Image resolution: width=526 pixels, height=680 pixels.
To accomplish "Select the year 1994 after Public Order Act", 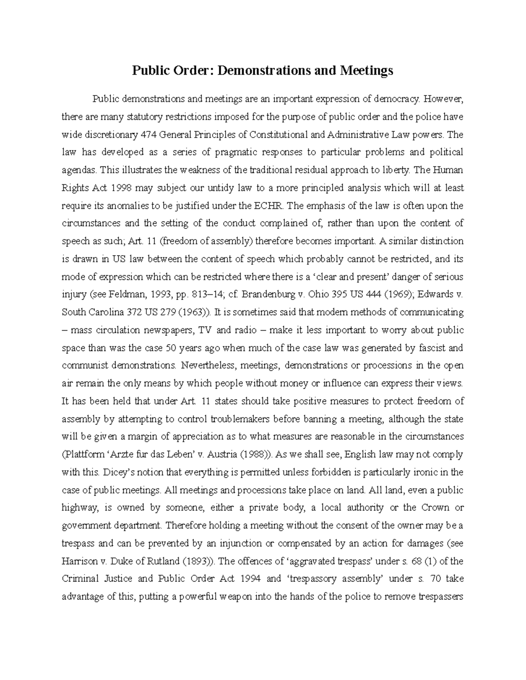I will pos(250,579).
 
